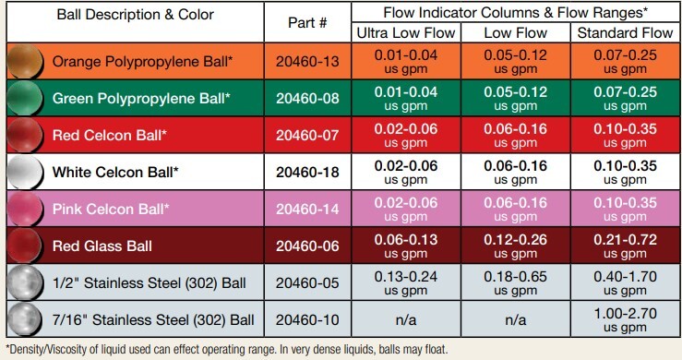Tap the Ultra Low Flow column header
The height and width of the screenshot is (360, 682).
click(402, 34)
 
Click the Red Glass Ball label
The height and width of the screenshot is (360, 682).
click(102, 246)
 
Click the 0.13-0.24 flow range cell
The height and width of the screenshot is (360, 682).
click(402, 282)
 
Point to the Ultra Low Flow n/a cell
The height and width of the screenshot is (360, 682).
click(402, 319)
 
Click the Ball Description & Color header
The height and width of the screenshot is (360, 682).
click(135, 16)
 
